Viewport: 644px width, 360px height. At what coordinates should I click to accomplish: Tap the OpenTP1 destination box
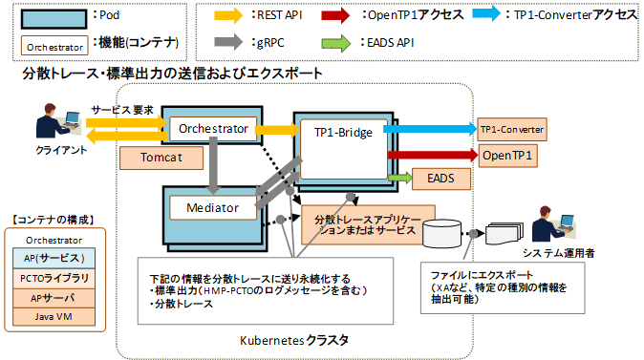[507, 154]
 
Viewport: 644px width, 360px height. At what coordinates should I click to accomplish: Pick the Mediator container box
[211, 205]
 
